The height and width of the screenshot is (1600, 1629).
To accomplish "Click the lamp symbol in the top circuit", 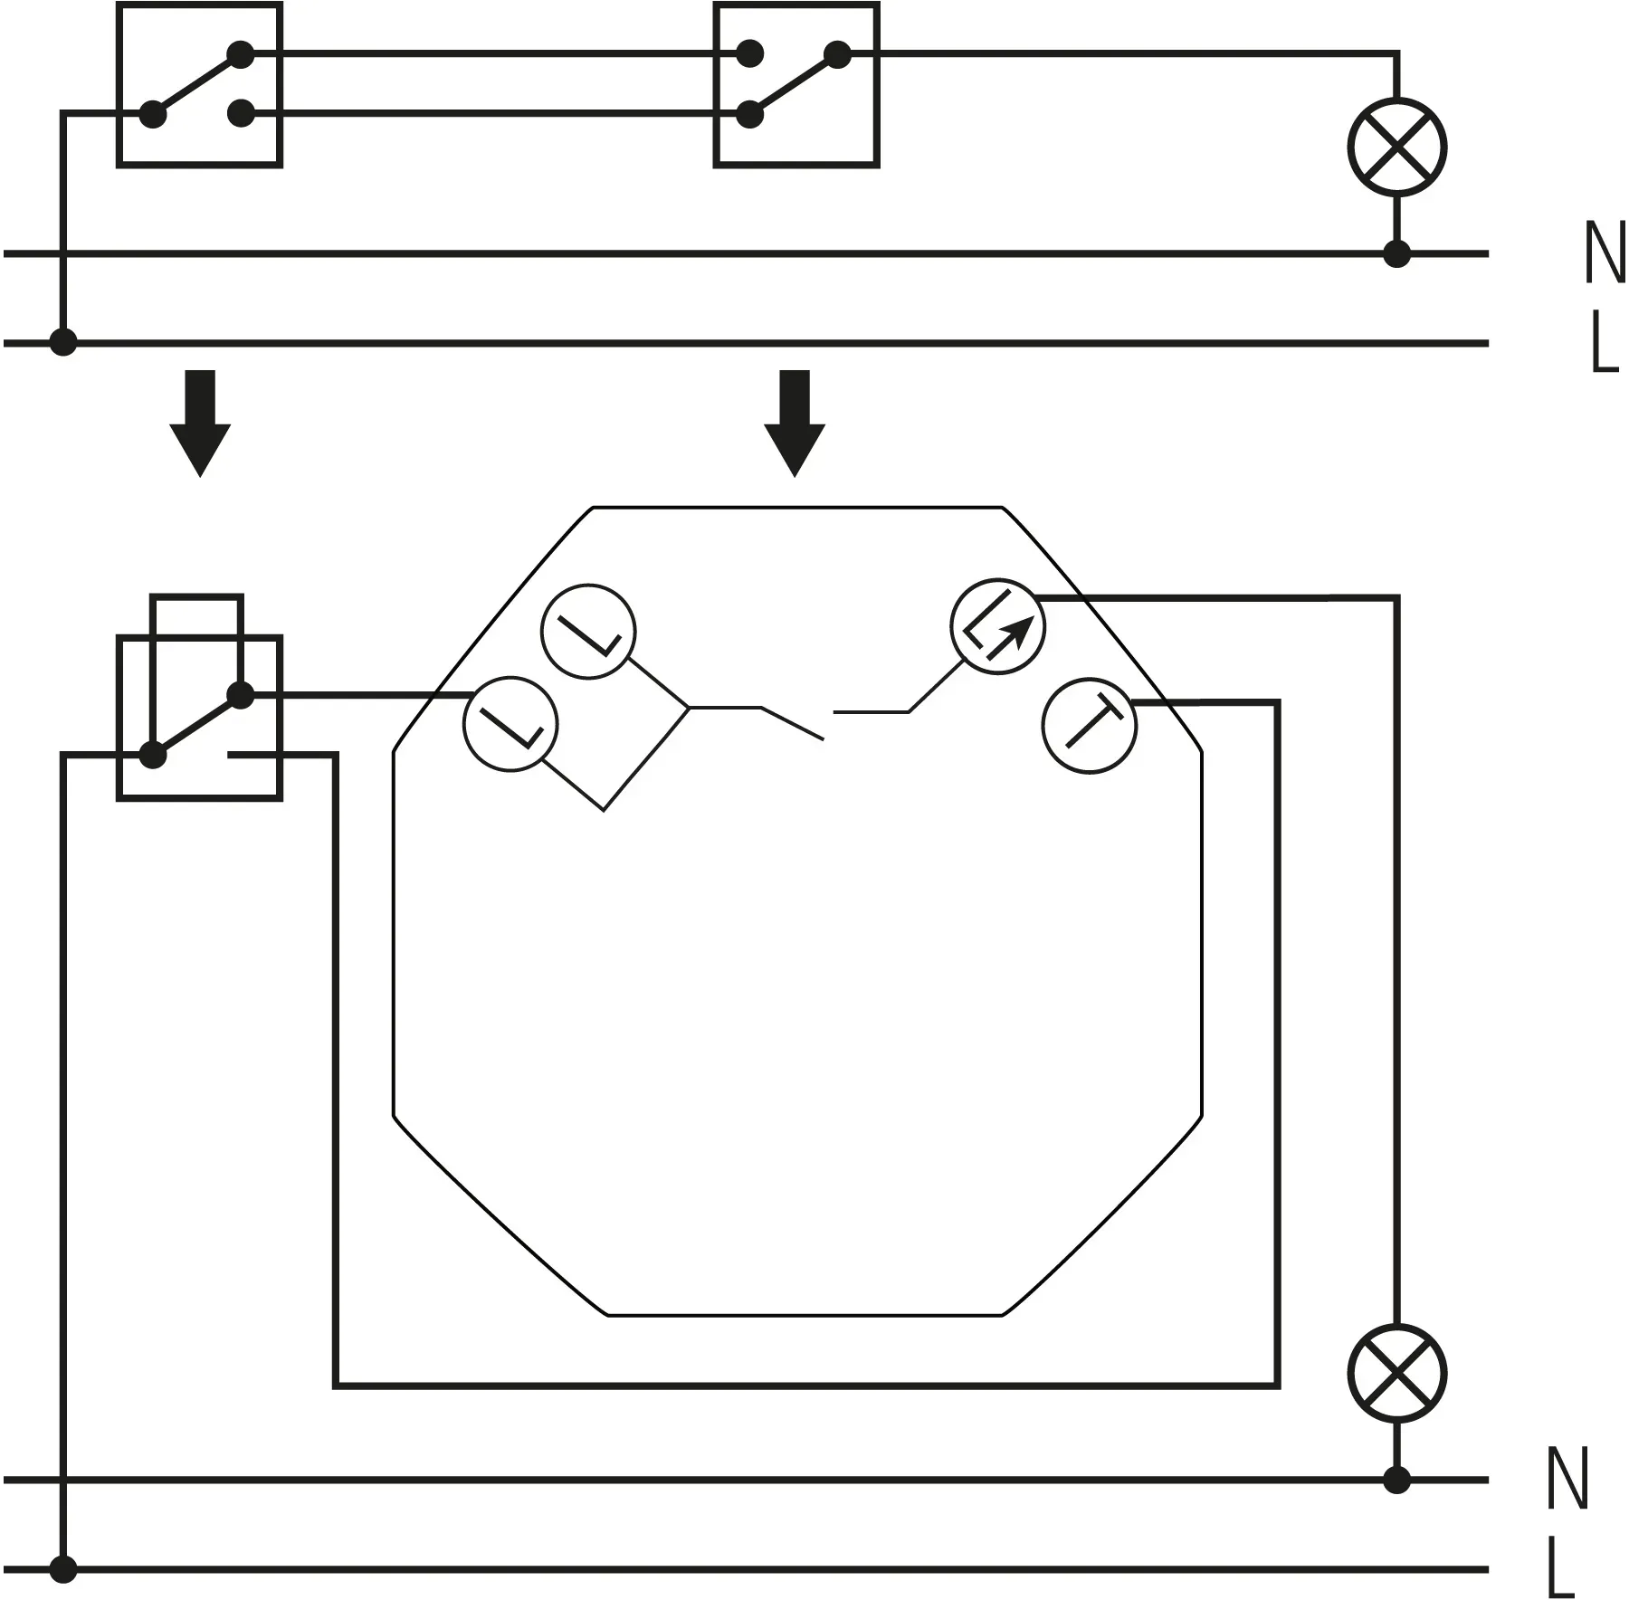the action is click(1396, 148).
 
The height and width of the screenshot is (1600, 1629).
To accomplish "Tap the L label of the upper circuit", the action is click(1604, 343).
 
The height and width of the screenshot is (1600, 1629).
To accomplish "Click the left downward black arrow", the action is click(200, 423).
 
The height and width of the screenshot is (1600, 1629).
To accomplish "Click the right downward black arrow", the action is click(795, 423).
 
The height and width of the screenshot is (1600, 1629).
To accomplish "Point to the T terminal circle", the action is click(1091, 724).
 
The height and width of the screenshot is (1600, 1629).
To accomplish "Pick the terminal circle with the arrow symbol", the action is click(997, 625).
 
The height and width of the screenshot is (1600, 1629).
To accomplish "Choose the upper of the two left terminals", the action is click(588, 631).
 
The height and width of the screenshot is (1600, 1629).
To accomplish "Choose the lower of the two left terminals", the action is click(510, 724).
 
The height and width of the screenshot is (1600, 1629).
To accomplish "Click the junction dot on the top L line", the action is click(62, 343).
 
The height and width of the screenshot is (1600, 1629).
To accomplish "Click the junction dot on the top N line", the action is click(1397, 254).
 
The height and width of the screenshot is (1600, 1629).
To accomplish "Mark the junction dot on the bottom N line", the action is click(1397, 1480).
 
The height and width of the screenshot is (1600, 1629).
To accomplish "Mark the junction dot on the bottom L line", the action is click(62, 1568).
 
